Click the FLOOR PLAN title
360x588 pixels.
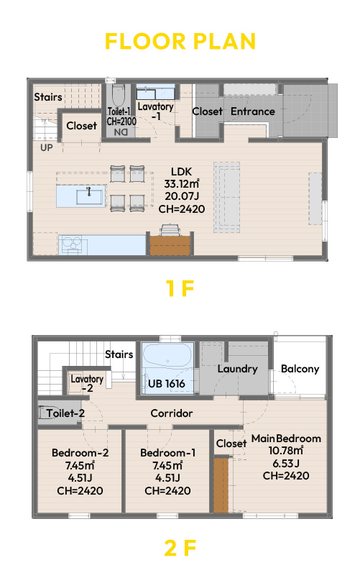180,41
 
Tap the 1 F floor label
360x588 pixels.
180,288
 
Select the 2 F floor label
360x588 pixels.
180,548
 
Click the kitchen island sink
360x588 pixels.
89,196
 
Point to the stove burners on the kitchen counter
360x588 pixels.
72,244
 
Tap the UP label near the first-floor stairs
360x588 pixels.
47,148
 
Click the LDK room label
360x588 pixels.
182,172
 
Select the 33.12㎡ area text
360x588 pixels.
182,184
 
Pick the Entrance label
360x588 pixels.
253,111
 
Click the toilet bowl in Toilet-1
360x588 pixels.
118,96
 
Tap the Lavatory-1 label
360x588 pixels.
156,111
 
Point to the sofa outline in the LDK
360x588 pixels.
227,197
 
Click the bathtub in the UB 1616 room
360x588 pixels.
167,356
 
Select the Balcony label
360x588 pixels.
300,369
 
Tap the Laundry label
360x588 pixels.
237,369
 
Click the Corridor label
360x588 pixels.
172,413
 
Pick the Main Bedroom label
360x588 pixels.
286,438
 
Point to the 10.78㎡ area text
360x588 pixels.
286,451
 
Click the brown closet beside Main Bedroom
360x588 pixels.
221,484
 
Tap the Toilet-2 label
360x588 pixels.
65,413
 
